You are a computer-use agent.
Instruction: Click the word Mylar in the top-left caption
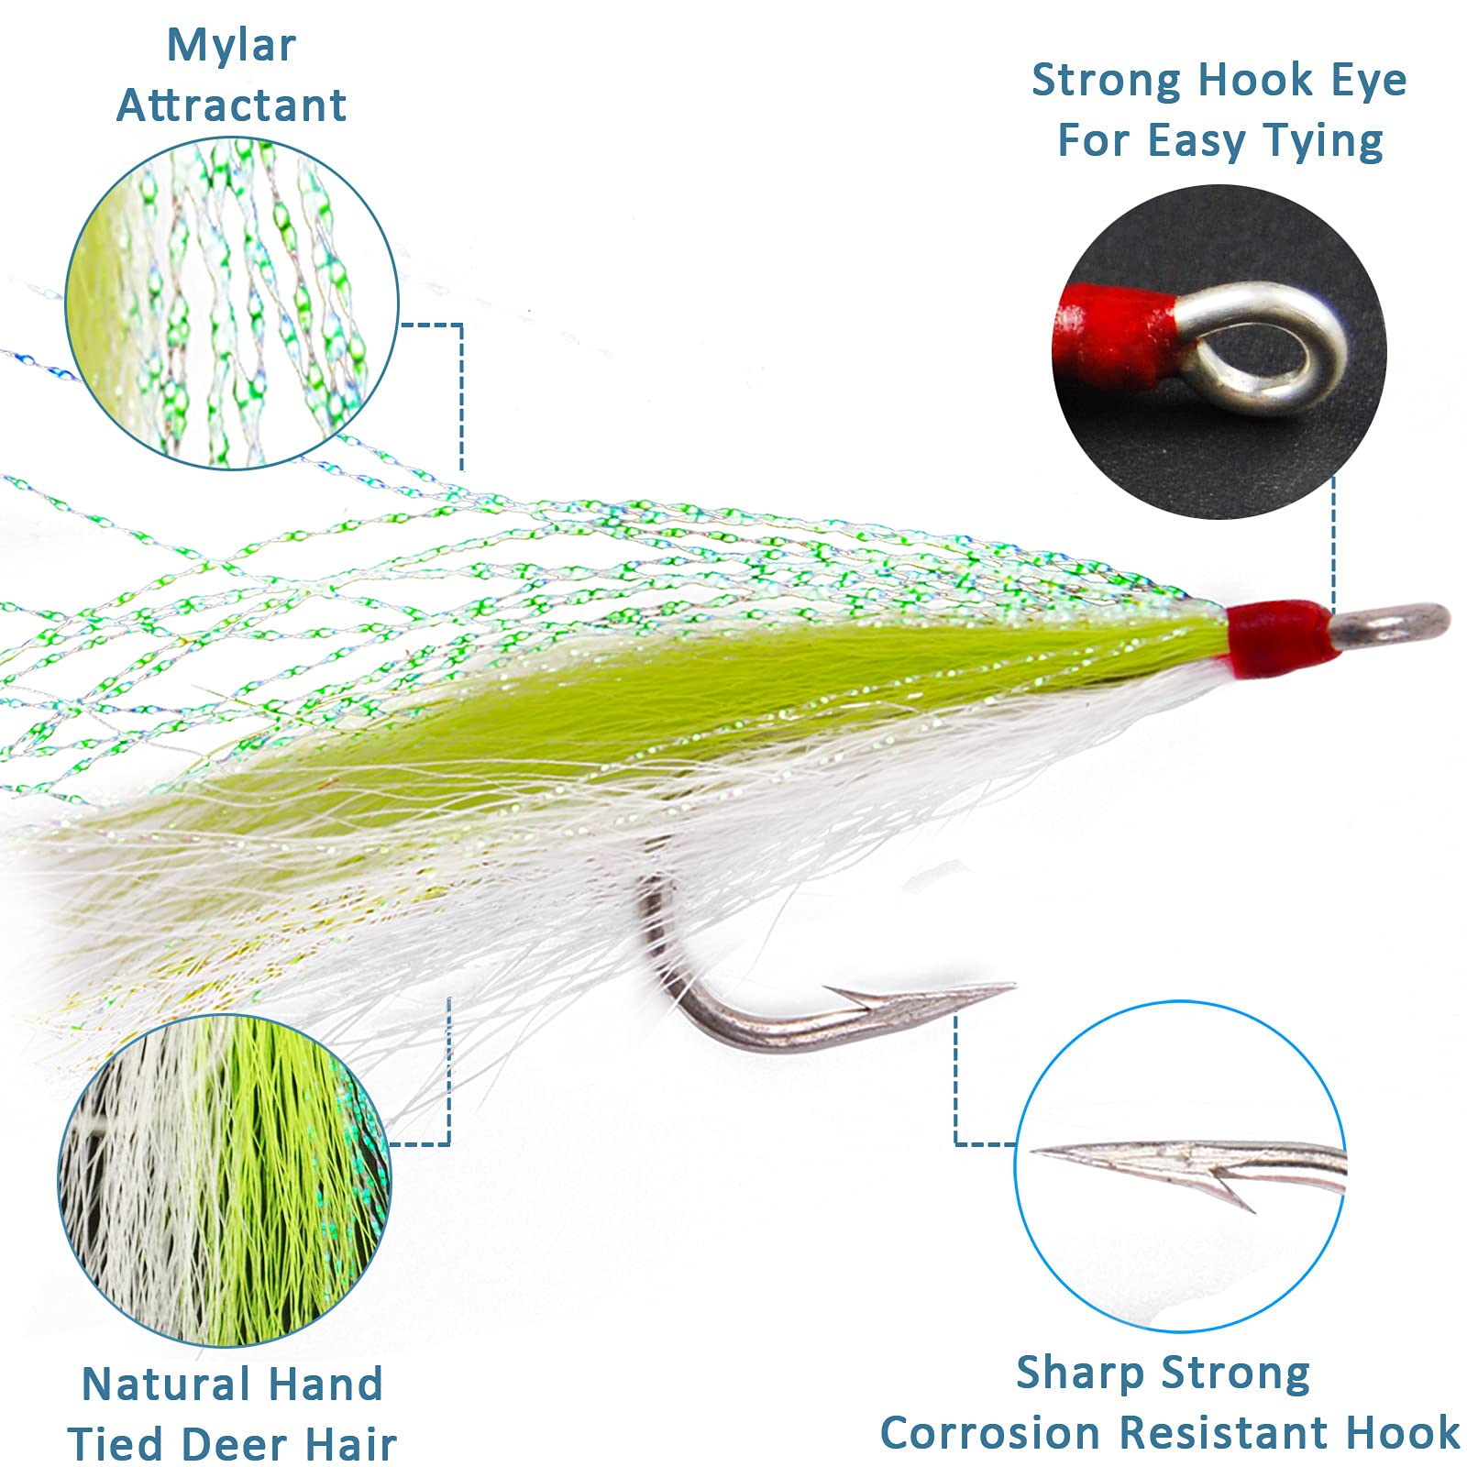231,46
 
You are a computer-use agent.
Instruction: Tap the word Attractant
231,105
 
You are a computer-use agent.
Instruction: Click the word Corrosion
991,1433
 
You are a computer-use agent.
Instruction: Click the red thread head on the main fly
1278,633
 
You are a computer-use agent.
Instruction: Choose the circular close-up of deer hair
225,1180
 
